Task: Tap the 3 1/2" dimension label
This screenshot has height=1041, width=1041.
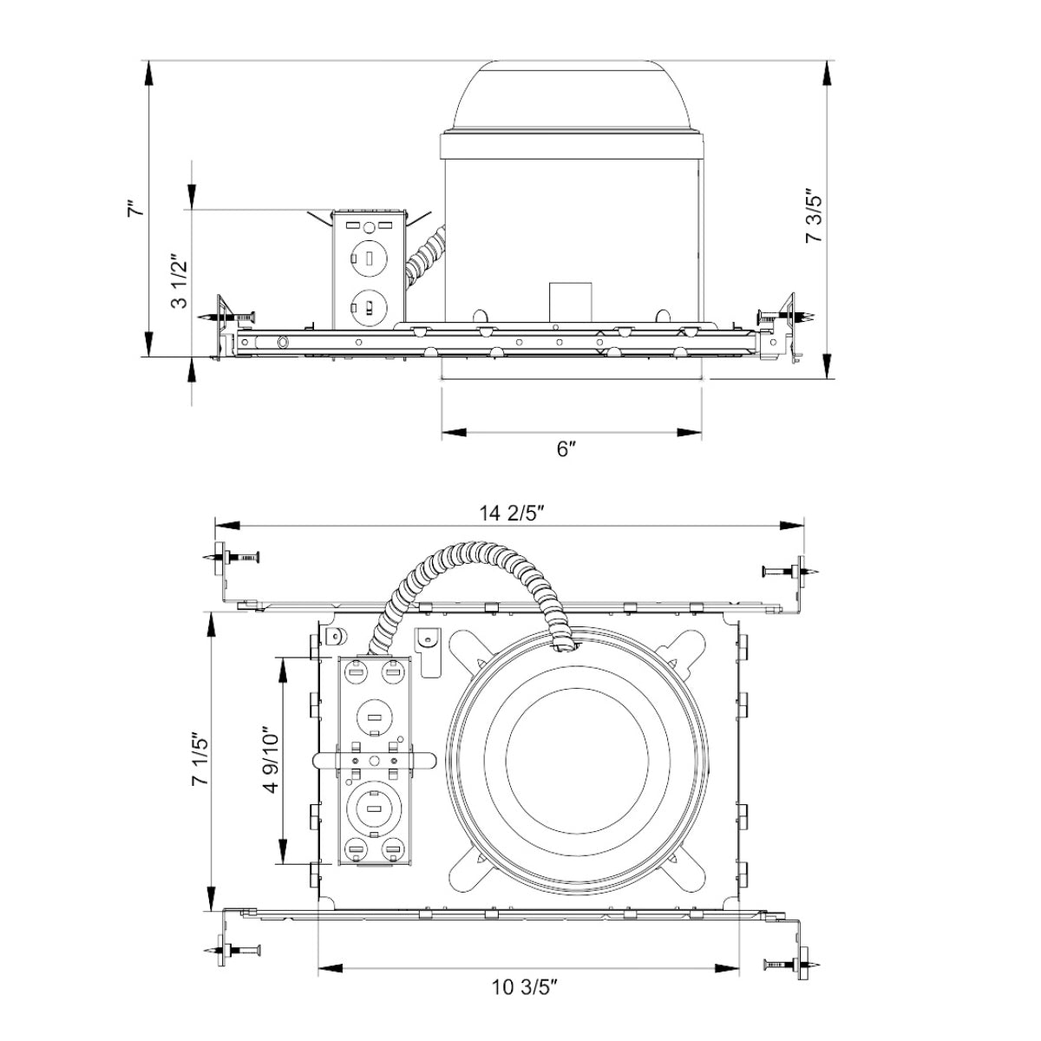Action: tap(180, 281)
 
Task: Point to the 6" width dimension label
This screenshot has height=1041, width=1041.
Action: tap(566, 448)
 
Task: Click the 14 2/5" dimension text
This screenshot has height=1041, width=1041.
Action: tap(511, 513)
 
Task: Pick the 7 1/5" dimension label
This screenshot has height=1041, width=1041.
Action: tap(199, 758)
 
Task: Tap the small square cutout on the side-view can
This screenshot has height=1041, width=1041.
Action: tap(570, 301)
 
